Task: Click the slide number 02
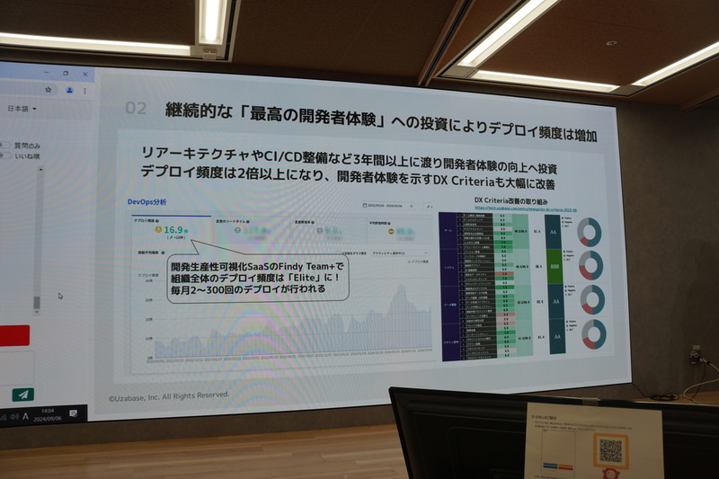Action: coord(135,109)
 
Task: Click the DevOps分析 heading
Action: coord(146,202)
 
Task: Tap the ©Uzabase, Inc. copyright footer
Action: coord(168,395)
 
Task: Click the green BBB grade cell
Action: coord(555,267)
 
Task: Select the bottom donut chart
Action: coord(592,334)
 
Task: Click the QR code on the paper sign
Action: coord(610,449)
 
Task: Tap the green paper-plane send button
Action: coord(22,394)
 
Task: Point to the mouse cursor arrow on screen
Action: coord(60,296)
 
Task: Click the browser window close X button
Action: coord(86,72)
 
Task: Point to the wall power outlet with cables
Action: coord(695,355)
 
